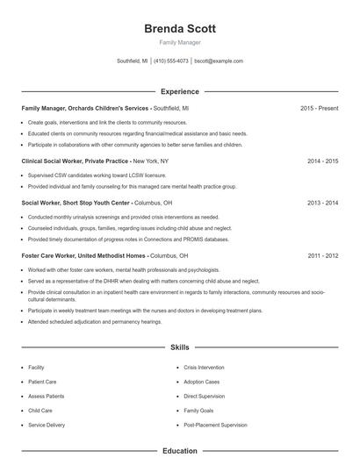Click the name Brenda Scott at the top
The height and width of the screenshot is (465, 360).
pyautogui.click(x=179, y=28)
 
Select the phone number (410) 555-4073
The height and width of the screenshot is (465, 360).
pyautogui.click(x=170, y=61)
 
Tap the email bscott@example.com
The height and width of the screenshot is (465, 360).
pyautogui.click(x=219, y=61)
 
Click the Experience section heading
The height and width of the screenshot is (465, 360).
pyautogui.click(x=179, y=91)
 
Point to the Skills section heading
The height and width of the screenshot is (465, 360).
pyautogui.click(x=179, y=347)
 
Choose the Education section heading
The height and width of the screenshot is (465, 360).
pyautogui.click(x=179, y=451)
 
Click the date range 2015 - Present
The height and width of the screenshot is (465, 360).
pyautogui.click(x=319, y=108)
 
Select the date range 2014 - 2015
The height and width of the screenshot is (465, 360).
pyautogui.click(x=322, y=161)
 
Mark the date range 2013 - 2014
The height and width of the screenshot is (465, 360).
pyautogui.click(x=322, y=202)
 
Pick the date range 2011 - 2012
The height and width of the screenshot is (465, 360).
pyautogui.click(x=322, y=255)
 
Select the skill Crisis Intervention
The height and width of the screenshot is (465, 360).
pyautogui.click(x=204, y=368)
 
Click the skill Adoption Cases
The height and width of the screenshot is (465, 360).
pyautogui.click(x=201, y=382)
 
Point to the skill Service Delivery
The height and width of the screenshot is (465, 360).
pyautogui.click(x=47, y=425)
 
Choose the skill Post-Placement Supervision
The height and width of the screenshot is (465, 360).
pyautogui.click(x=215, y=425)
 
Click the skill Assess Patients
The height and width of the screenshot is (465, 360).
pyautogui.click(x=46, y=396)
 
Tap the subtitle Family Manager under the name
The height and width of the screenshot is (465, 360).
pyautogui.click(x=179, y=42)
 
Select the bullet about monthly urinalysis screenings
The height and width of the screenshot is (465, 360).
pyautogui.click(x=123, y=217)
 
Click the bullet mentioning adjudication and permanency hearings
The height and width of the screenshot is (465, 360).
pyautogui.click(x=95, y=322)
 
